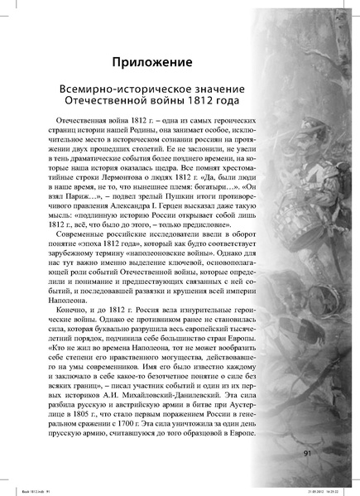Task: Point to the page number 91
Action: [308, 452]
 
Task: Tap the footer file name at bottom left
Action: [31, 490]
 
